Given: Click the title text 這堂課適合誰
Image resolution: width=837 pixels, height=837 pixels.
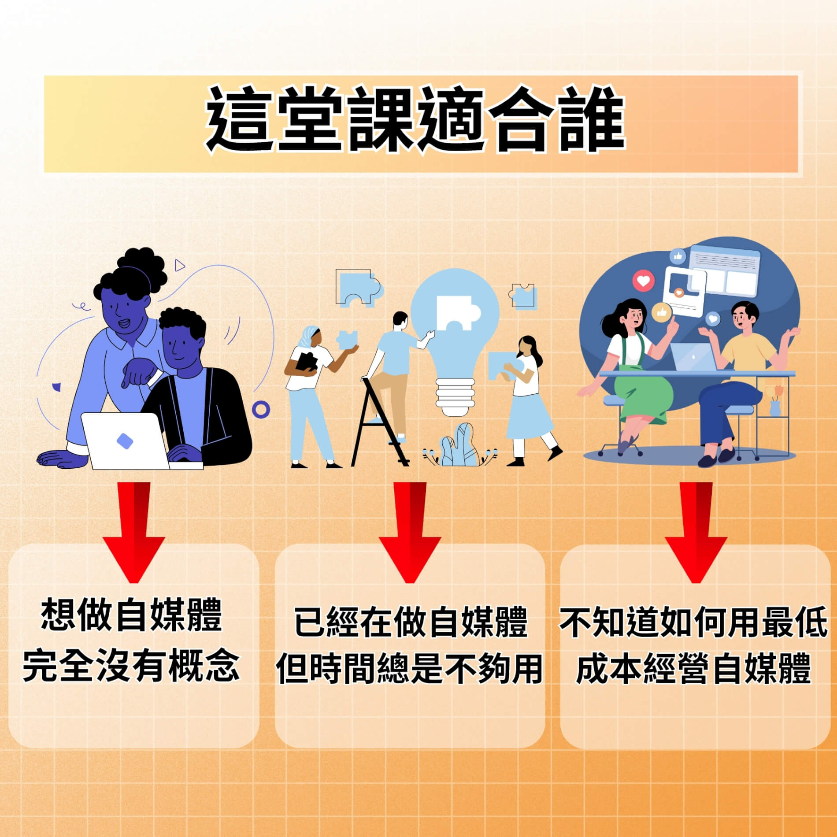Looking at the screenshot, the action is (415, 119).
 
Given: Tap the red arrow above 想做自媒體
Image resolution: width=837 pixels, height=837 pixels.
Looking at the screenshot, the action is (134, 532).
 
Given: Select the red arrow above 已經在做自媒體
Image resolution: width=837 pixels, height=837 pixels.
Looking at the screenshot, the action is (410, 532).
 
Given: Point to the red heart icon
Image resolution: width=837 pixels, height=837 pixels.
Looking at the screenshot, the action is (644, 281).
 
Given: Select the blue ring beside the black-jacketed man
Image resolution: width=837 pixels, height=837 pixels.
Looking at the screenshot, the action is (261, 410).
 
